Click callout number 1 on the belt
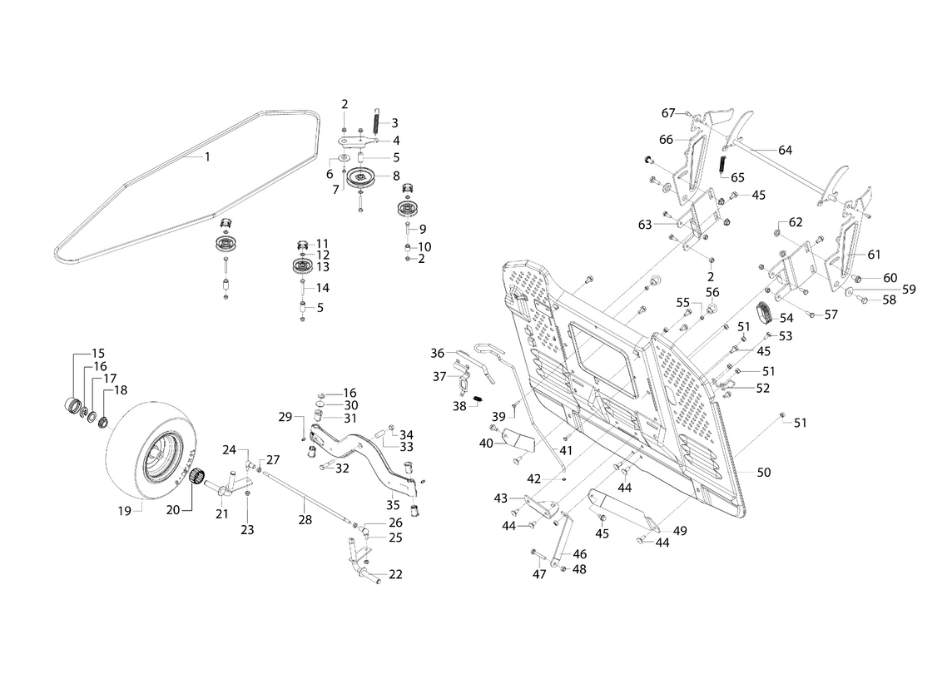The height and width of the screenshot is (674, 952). (208, 156)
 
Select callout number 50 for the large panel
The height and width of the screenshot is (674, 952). (764, 472)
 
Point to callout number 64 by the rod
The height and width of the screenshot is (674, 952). (785, 151)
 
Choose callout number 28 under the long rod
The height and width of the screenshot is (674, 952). (305, 519)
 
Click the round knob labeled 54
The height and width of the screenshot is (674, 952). (765, 315)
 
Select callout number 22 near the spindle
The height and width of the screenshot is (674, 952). (395, 575)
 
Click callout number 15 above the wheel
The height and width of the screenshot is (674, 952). (98, 353)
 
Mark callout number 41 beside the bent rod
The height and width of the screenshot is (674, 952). (566, 449)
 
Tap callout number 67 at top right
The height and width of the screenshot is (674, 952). (668, 113)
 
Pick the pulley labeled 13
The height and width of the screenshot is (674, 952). (301, 266)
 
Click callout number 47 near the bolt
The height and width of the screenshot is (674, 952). (539, 574)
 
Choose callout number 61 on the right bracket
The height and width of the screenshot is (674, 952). (874, 255)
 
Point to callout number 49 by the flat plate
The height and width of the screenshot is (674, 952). (680, 531)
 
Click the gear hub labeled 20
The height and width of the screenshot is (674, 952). (196, 477)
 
